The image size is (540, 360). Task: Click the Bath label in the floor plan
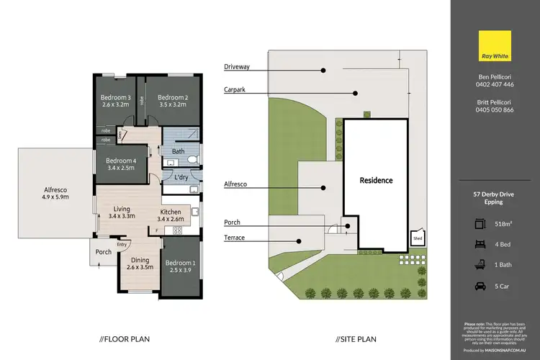click(179, 152)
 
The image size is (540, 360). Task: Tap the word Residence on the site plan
click(377, 180)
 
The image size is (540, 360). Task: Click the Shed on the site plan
click(417, 237)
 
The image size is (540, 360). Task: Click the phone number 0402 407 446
click(494, 84)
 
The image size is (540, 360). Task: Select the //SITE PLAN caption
click(357, 338)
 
